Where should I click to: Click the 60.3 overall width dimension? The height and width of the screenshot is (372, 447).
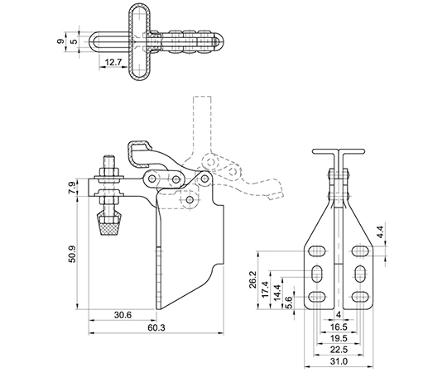point(156,327)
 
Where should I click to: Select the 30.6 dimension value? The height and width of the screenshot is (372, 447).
point(123,315)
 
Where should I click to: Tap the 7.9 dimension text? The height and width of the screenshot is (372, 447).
point(72,188)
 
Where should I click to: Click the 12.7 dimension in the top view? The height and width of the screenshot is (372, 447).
point(113,62)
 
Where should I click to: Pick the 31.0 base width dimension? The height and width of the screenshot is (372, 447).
point(339,361)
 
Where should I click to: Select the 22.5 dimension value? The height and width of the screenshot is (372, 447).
point(339,350)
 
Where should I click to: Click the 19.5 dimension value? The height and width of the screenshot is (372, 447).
point(339,338)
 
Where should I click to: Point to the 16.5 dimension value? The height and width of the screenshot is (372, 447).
point(339,327)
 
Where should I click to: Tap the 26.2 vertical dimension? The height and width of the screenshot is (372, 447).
point(252,279)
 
